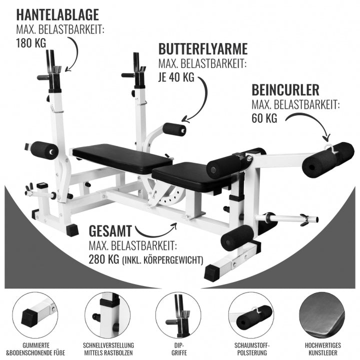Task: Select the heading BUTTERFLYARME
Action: pyautogui.click(x=203, y=49)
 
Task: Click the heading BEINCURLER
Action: pyautogui.click(x=285, y=90)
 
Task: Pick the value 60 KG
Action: pyautogui.click(x=264, y=118)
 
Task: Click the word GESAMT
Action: pyautogui.click(x=110, y=231)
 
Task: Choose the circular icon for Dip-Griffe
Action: pyautogui.click(x=178, y=314)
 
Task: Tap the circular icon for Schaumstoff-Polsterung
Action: pyautogui.click(x=251, y=314)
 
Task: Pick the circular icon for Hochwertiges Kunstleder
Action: pyautogui.click(x=322, y=314)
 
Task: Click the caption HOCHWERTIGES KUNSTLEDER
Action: pyautogui.click(x=322, y=348)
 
